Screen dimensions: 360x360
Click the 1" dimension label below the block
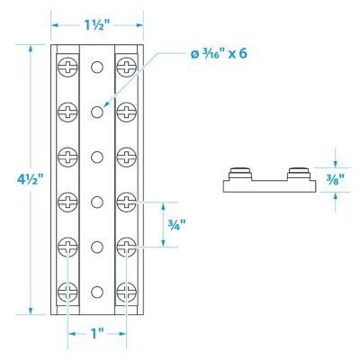point(97,332)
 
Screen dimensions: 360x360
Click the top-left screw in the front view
point(67,67)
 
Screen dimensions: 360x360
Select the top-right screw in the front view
point(126,67)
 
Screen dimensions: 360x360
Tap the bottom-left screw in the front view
point(67,291)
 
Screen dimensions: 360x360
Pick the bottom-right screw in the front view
point(126,291)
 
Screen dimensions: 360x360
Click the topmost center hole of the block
point(97,67)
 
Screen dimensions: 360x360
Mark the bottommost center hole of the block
point(97,291)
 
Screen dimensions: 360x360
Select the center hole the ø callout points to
point(97,112)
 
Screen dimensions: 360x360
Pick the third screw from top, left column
point(67,157)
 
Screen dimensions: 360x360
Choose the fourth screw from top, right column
point(126,201)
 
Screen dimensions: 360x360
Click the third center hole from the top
point(97,157)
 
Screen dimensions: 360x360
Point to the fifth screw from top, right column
point(126,246)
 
